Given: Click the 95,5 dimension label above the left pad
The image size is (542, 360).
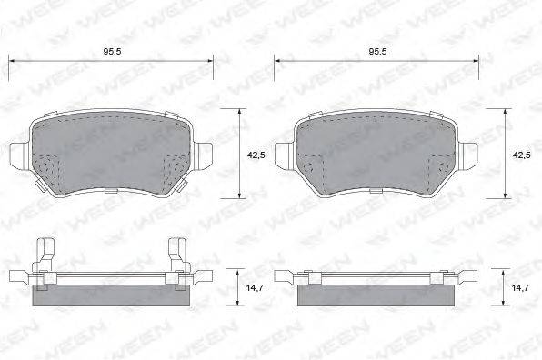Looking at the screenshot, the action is coord(113,52).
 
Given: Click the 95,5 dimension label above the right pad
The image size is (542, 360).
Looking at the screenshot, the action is coord(377,52).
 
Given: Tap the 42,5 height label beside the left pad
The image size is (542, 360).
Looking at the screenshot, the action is coord(256,155).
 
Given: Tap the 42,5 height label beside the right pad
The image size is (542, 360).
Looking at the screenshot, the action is coord(522,155).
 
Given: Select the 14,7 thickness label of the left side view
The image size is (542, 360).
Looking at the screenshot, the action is coord(255,287).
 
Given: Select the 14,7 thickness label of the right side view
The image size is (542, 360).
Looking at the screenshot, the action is coord(520,287).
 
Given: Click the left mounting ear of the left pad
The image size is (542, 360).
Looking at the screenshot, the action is coord(20,155).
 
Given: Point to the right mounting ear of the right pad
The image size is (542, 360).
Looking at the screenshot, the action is coord(467,155).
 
